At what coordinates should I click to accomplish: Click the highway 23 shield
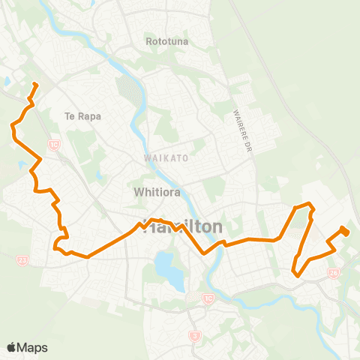tap(22, 260)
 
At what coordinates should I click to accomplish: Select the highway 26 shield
tap(334, 273)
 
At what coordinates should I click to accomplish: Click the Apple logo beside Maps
tap(12, 347)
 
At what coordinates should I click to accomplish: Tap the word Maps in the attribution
tap(32, 347)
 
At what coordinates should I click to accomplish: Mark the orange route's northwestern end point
tap(35, 84)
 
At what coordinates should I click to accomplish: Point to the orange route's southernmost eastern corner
tap(298, 275)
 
